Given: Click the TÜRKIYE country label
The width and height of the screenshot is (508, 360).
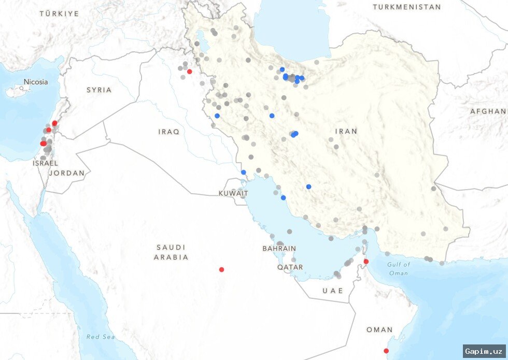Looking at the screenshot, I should click(x=60, y=13).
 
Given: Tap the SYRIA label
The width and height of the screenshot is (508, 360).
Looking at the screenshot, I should click(x=99, y=90).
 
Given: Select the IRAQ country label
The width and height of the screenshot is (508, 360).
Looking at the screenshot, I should click(x=168, y=132).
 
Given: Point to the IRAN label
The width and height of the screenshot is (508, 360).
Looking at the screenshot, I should click(x=346, y=131).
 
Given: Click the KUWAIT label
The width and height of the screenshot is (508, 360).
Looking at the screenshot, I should click(x=233, y=193).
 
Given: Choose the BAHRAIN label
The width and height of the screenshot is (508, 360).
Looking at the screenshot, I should click(x=279, y=249).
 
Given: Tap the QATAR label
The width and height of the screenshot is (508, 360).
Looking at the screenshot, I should click(x=290, y=267).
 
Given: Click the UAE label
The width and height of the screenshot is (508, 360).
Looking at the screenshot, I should click(x=333, y=291).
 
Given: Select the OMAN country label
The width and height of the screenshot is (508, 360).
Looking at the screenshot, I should click(x=379, y=329).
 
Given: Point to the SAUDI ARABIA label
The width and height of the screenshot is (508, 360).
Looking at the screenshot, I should click(x=171, y=252).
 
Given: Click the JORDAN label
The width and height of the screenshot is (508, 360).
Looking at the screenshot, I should click(x=66, y=173).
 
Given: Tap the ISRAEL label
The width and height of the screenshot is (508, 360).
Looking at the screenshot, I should click(x=45, y=163).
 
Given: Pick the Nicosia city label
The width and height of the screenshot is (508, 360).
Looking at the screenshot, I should click(x=35, y=82).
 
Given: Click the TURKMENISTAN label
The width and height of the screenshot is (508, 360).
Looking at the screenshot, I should click(x=407, y=7).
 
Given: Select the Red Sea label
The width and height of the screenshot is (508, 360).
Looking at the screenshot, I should click(x=101, y=337).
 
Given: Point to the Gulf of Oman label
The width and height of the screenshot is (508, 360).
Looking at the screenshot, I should click(x=398, y=268).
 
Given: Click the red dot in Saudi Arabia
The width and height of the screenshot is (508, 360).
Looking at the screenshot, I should click(x=221, y=269).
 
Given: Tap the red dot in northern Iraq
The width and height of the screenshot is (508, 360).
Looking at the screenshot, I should click(x=189, y=71).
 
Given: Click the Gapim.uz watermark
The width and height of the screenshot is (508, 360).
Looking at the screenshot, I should click(x=484, y=351).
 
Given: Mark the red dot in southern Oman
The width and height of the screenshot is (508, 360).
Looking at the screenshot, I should click(x=386, y=351).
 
